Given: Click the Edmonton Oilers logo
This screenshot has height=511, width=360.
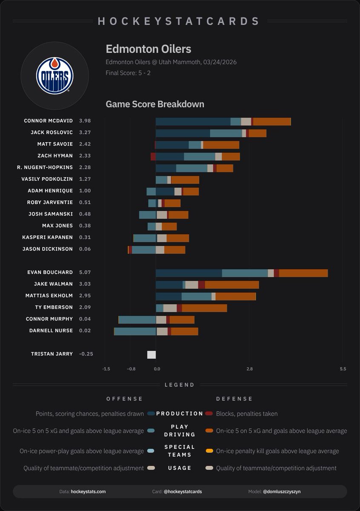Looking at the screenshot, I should pyautogui.click(x=54, y=76).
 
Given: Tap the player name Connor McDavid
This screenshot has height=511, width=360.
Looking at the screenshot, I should pyautogui.click(x=48, y=121).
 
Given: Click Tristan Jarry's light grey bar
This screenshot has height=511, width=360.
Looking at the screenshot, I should pyautogui.click(x=151, y=355).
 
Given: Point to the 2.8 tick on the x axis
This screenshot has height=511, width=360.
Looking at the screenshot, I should pyautogui.click(x=250, y=369).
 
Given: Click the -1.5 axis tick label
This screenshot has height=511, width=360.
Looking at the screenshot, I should pyautogui.click(x=106, y=369).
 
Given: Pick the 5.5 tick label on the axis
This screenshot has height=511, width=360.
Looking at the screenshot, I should pyautogui.click(x=343, y=369).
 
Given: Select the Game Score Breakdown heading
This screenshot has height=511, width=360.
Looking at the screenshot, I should pyautogui.click(x=155, y=104).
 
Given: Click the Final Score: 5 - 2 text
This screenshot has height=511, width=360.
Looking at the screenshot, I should pyautogui.click(x=128, y=73).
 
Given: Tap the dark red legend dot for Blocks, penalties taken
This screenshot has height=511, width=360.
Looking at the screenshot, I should pyautogui.click(x=209, y=413).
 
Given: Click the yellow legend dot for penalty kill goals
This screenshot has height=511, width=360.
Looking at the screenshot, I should pyautogui.click(x=209, y=451).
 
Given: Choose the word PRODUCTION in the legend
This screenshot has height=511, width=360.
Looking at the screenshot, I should pyautogui.click(x=180, y=413).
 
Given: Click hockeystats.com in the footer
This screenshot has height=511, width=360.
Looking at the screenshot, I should pyautogui.click(x=88, y=491).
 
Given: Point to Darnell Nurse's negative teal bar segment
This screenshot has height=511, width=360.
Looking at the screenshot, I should pyautogui.click(x=135, y=331).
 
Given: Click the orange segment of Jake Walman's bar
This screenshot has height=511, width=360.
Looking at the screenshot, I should pyautogui.click(x=231, y=284).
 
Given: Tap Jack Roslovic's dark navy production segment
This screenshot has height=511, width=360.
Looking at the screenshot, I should pyautogui.click(x=183, y=133).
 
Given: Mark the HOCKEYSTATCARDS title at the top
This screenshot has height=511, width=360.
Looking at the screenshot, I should pyautogui.click(x=179, y=21).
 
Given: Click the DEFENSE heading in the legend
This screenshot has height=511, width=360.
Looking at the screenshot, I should pyautogui.click(x=234, y=399).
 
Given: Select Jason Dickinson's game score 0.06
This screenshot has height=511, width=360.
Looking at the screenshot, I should pyautogui.click(x=85, y=249).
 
